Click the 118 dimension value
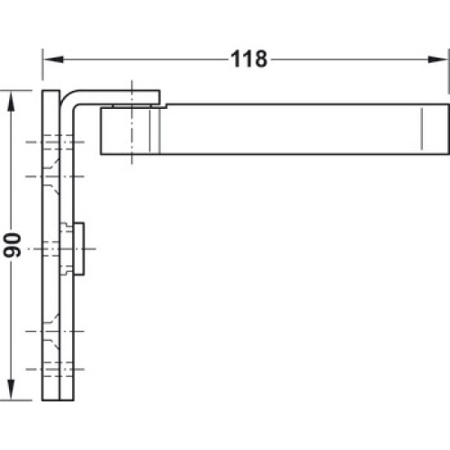249,59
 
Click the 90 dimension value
13,245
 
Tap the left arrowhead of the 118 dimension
53,59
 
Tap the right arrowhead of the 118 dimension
437,59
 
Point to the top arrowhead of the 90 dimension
11,102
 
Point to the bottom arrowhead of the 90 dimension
11,390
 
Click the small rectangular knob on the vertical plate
79,248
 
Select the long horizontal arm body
275,129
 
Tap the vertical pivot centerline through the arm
131,122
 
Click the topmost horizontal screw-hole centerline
55,142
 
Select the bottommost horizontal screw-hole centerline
55,369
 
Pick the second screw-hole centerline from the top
55,176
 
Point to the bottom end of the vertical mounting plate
58,400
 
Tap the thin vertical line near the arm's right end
421,129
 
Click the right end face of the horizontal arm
449,129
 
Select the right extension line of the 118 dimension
449,71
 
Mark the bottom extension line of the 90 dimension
16,400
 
